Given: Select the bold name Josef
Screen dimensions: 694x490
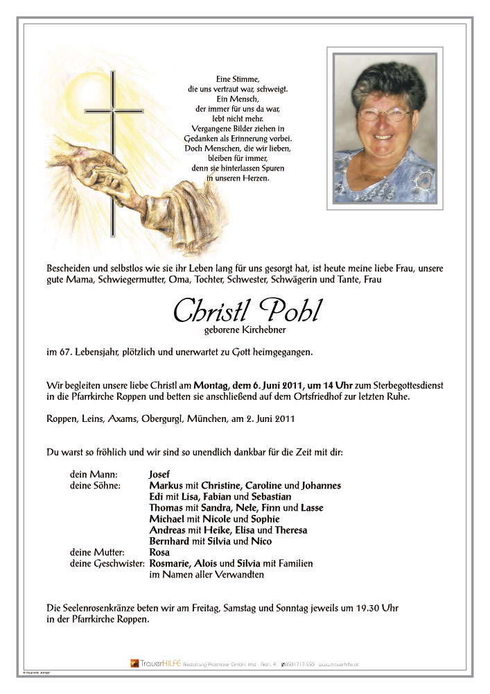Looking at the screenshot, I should [161, 475].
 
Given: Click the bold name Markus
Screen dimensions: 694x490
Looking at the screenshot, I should [166, 486].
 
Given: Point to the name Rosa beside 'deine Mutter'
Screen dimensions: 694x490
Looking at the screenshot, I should [160, 552].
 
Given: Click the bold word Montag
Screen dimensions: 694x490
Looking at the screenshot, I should [214, 385].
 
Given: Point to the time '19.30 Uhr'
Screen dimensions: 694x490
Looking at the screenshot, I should [380, 608].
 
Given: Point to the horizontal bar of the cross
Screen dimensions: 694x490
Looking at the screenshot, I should [114, 111].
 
